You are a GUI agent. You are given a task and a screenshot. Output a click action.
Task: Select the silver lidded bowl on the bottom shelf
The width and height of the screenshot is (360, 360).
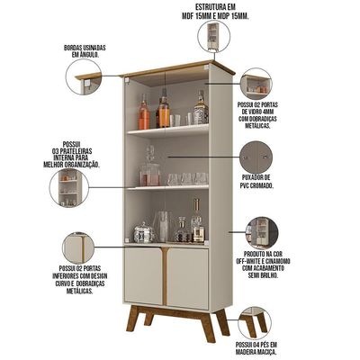click(144, 232)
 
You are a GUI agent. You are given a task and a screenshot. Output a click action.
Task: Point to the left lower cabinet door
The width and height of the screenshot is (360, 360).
click(143, 276)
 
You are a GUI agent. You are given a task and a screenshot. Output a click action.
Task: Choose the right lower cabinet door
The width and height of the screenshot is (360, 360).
click(188, 279)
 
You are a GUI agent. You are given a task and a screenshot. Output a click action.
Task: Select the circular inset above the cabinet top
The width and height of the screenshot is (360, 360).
click(214, 37)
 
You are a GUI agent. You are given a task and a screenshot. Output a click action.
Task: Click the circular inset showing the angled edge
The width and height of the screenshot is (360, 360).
click(84, 76)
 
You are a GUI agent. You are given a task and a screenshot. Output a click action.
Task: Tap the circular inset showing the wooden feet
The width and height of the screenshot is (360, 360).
click(255, 323)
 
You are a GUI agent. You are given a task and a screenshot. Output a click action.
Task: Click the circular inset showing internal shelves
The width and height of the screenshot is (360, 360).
click(69, 188)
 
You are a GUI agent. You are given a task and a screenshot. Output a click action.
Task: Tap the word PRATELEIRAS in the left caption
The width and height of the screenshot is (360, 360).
click(72, 151)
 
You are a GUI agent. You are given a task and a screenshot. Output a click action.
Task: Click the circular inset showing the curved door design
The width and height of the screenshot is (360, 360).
click(78, 248)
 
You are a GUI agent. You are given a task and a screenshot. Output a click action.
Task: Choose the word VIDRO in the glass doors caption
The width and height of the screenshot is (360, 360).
click(252, 112)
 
